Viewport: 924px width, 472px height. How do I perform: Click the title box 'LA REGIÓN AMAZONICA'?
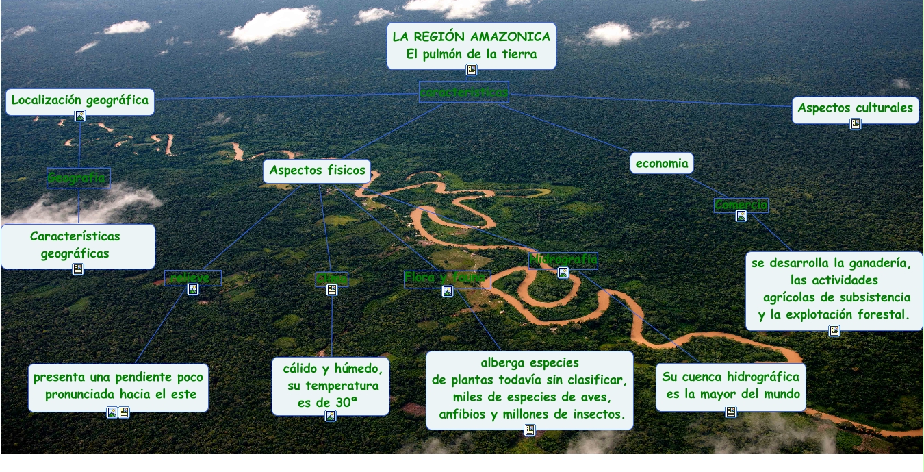471,37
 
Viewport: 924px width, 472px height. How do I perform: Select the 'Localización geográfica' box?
80,100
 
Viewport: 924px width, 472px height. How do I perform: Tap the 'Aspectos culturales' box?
855,108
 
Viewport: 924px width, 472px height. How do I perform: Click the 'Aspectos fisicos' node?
317,171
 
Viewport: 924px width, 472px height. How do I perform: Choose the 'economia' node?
661,163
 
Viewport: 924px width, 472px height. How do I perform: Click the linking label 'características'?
464,92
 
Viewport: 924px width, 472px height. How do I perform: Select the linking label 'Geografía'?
78,179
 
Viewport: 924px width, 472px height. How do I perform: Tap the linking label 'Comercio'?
741,205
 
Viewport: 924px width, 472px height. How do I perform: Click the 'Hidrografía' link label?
563,260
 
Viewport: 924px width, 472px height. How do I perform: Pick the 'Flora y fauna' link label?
447,277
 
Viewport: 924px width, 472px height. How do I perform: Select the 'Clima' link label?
331,279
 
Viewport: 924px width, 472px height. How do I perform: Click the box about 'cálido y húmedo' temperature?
331,385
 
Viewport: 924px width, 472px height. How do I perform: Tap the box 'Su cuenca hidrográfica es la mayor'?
730,386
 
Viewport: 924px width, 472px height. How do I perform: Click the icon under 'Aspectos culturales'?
855,124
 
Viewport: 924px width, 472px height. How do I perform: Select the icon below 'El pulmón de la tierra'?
471,69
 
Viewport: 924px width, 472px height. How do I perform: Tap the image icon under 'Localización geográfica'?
80,116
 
